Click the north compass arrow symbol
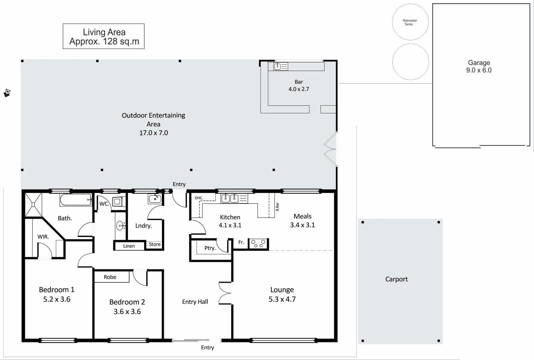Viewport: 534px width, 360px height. [7, 93]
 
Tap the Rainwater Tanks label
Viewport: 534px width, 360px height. [410, 22]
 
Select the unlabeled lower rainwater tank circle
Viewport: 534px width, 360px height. [410, 62]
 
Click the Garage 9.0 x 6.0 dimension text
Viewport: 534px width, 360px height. [479, 70]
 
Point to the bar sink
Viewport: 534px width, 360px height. [278, 66]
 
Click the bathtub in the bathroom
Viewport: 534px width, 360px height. [76, 200]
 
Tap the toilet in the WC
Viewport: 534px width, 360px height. [117, 202]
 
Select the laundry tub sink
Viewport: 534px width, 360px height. [155, 199]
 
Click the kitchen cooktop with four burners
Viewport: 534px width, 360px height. [259, 244]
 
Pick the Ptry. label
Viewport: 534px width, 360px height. [210, 248]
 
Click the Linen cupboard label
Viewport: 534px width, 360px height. [129, 246]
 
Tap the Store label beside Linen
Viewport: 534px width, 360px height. [155, 244]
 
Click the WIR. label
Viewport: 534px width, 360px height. [43, 237]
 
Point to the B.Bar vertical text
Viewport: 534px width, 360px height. [277, 207]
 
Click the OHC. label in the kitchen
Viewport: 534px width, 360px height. [199, 198]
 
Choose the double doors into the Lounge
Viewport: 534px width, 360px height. [225, 293]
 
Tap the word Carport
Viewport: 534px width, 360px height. [396, 279]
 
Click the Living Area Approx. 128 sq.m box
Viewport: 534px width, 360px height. [104, 36]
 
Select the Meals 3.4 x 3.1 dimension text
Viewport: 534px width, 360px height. [302, 225]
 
